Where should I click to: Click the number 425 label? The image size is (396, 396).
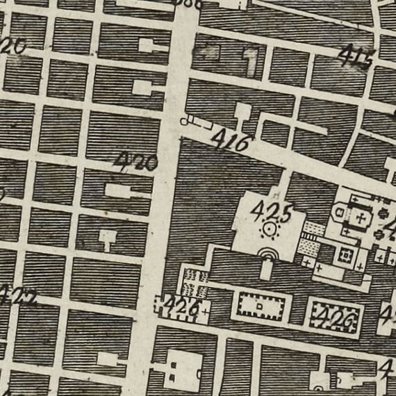point(272,209)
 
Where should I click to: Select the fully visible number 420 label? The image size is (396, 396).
point(136,163)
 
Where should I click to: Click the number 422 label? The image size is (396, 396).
point(17,297)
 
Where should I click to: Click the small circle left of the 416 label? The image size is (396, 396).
point(185,122)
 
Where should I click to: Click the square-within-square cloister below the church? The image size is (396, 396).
point(343,256)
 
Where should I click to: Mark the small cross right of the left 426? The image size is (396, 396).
point(208,310)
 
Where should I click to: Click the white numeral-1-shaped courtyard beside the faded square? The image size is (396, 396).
point(249,63)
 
